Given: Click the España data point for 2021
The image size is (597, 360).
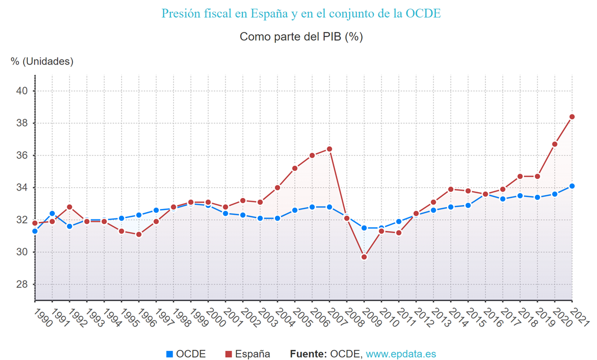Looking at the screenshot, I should click(572, 117).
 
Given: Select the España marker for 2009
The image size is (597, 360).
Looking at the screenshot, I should click(364, 257).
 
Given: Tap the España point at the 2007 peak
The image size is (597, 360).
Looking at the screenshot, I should click(329, 149).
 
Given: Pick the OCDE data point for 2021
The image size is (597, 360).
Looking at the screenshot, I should click(572, 186).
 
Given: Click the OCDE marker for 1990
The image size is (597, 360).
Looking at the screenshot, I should click(35, 231).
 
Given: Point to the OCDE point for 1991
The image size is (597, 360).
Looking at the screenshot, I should click(52, 214).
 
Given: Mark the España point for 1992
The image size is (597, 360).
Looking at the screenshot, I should click(69, 207).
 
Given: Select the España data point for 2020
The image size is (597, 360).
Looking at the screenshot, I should click(554, 144).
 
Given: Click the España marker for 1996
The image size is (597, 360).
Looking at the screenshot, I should click(139, 234).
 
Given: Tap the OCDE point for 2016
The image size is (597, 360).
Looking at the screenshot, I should click(485, 194).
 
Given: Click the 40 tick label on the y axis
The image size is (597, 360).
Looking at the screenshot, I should click(22, 91).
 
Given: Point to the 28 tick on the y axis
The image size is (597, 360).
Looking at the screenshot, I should click(22, 285).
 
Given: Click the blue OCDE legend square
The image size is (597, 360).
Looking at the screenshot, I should click(170, 354).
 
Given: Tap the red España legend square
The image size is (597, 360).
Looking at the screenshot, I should click(228, 354).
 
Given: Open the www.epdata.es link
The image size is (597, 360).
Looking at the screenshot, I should click(401, 354).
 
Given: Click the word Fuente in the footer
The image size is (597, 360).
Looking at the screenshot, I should click(308, 354).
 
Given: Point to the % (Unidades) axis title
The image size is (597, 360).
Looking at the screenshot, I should click(42, 61).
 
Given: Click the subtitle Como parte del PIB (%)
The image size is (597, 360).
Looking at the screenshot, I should click(301, 36).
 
